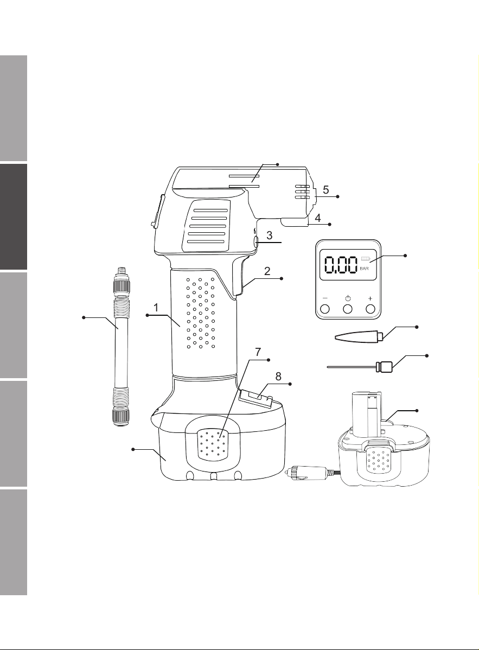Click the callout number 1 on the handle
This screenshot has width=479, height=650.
tap(156, 308)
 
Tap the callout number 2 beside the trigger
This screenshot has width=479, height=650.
tap(267, 271)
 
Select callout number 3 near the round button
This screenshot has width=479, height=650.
tap(269, 235)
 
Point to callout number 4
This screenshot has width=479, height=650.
tap(317, 218)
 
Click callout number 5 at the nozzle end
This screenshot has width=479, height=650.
tap(326, 190)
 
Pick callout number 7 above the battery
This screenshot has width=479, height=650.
tap(258, 352)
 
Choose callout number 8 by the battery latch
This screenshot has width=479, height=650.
tap(278, 376)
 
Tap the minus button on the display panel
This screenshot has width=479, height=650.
tap(325, 308)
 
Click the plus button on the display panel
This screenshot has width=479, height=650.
tap(371, 308)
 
